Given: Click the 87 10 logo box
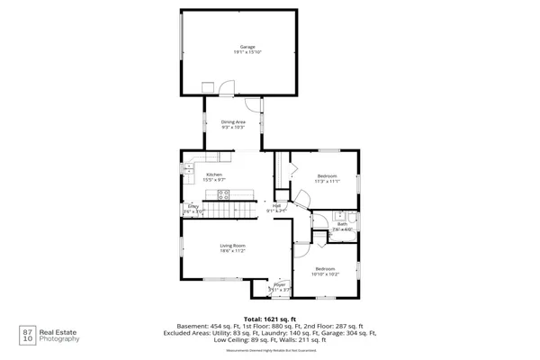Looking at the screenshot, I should (x=27, y=335).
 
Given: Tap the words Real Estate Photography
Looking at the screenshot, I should (x=64, y=335).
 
